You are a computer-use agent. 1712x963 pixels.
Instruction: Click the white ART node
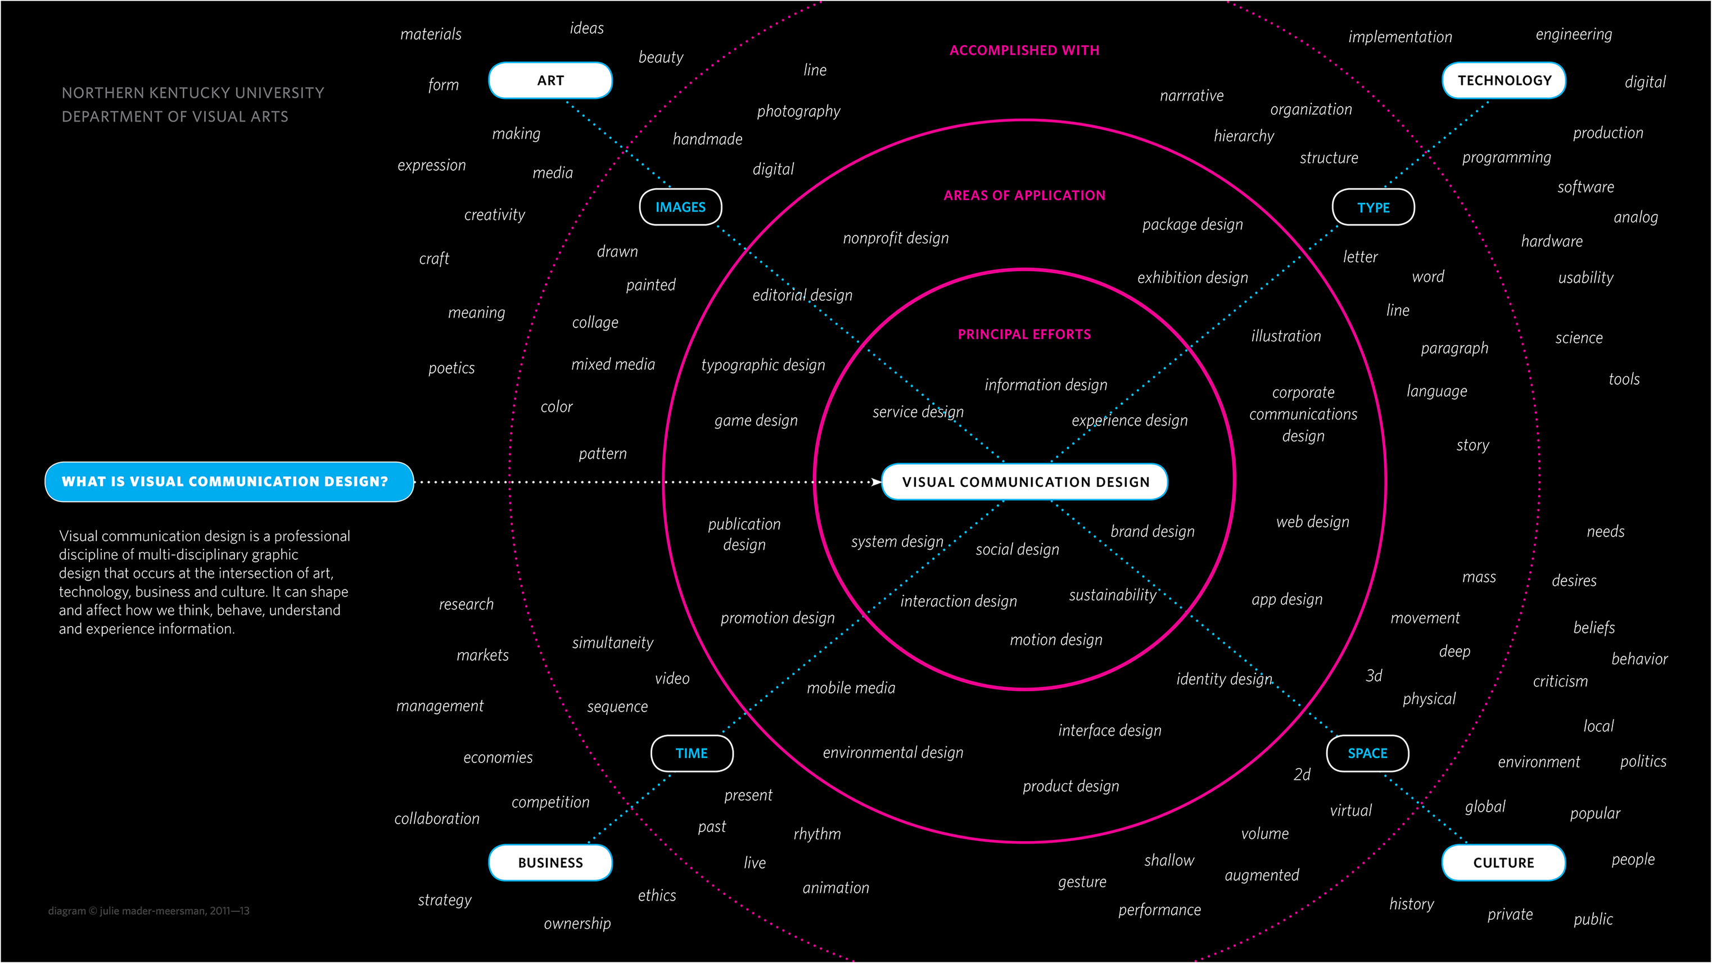[550, 80]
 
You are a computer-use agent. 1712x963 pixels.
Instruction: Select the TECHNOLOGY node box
[1504, 80]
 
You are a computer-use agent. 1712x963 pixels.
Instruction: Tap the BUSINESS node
[550, 862]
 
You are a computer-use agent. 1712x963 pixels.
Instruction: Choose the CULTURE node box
[1503, 862]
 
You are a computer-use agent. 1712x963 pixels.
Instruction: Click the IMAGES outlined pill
[680, 207]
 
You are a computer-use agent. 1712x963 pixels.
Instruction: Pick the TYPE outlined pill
[1373, 207]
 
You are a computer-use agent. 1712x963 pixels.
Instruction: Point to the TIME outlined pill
[692, 753]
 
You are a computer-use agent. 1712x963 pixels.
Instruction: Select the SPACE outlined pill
[1367, 753]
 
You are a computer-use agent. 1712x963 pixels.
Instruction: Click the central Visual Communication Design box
[1025, 482]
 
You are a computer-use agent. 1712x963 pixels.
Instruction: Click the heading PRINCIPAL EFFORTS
[1024, 334]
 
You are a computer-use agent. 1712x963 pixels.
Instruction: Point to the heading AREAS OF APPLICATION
[1024, 196]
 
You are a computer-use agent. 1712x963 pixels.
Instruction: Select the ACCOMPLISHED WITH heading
[1024, 51]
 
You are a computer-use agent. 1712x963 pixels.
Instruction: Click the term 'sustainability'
[1113, 595]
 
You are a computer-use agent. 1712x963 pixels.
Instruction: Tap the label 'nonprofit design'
[895, 238]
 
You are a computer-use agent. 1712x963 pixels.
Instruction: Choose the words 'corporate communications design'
[1303, 414]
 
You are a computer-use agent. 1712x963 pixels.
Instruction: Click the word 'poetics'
[451, 368]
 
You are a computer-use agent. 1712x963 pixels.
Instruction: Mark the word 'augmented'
[1262, 875]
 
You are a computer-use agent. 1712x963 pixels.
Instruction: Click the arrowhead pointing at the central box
[876, 482]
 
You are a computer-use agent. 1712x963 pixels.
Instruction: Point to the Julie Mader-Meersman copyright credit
[149, 911]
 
